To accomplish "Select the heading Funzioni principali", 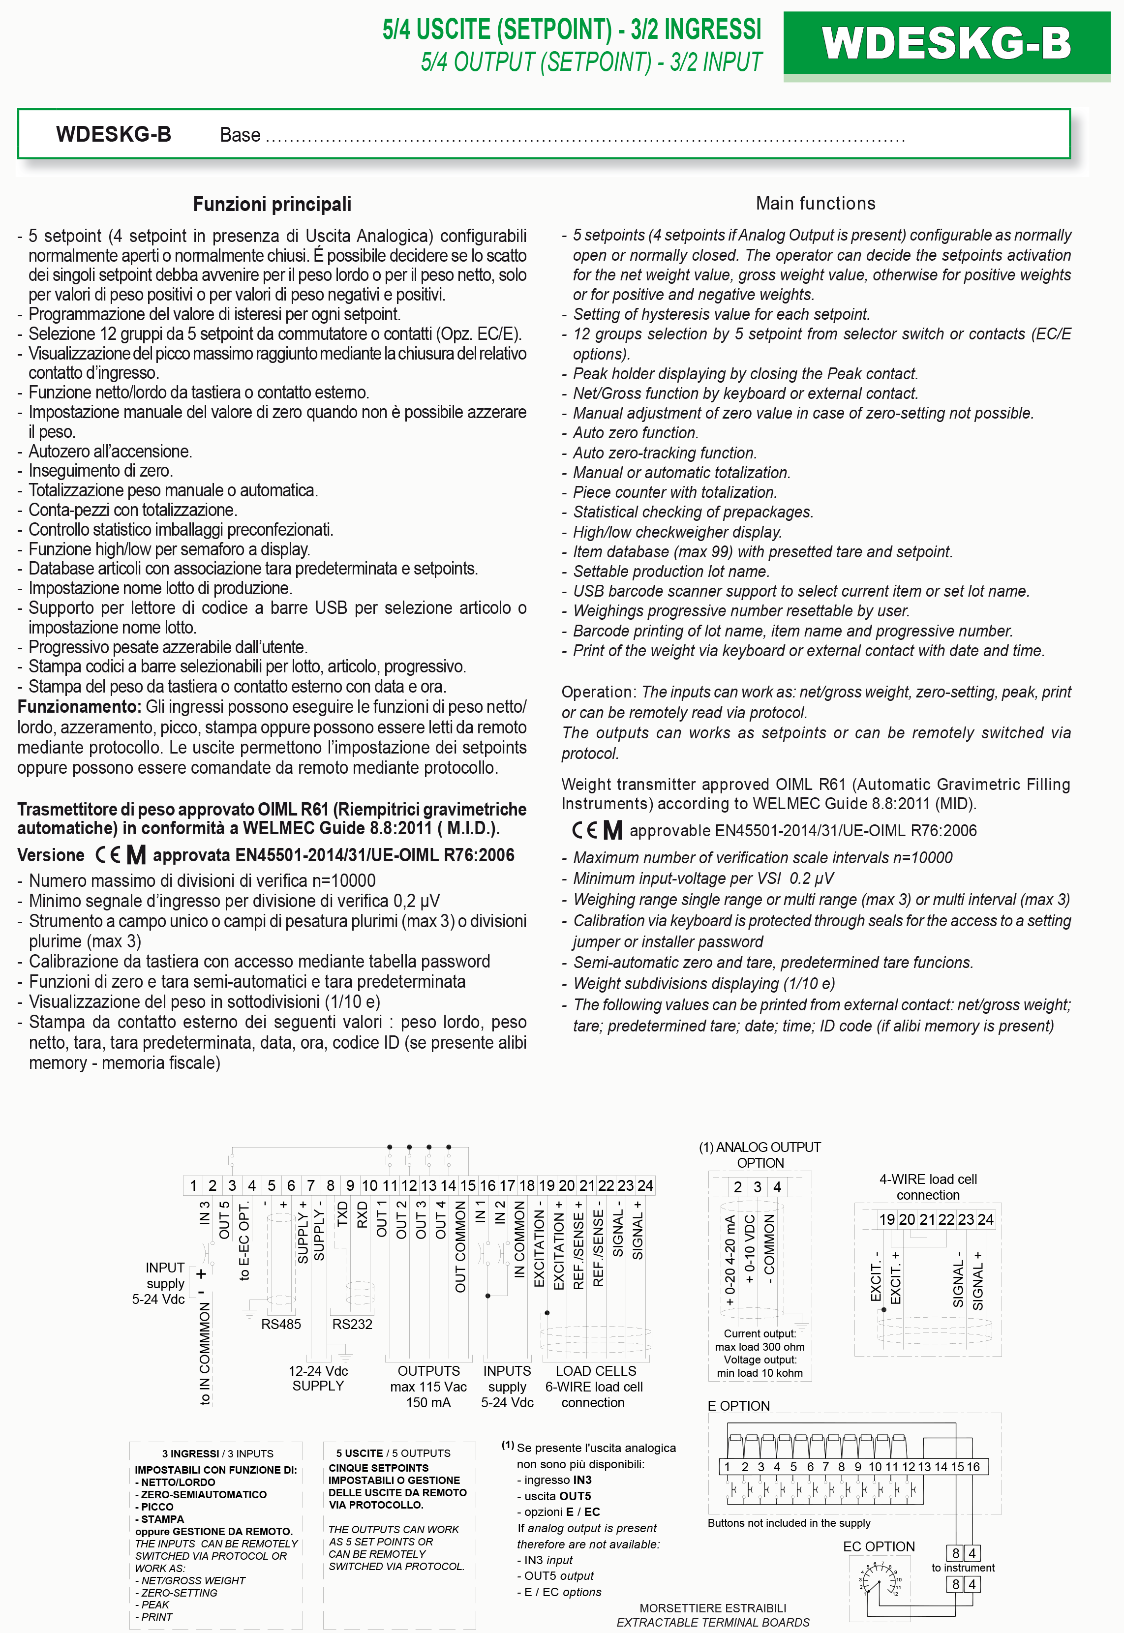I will point(272,204).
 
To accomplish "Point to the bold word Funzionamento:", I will point(80,706).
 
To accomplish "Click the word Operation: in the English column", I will point(599,692).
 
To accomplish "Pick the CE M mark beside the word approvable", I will point(597,830).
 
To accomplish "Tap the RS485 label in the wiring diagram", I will point(281,1324).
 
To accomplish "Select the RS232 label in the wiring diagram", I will point(352,1324).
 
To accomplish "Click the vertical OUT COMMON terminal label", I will point(460,1246).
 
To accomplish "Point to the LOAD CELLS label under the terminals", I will point(596,1370).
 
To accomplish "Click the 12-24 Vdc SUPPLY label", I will point(318,1378).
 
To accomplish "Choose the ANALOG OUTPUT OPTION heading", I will point(760,1155).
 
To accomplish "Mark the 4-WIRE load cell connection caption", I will point(928,1186).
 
